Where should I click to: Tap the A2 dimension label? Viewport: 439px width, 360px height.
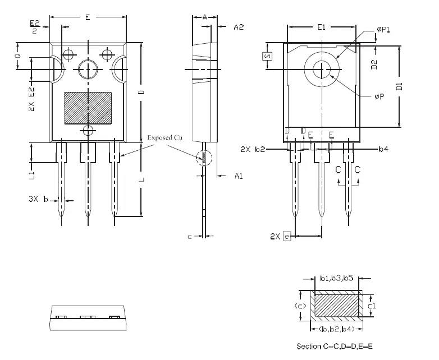[239, 26]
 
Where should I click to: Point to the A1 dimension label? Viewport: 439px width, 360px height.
[239, 176]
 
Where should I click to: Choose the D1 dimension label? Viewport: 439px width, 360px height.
[399, 86]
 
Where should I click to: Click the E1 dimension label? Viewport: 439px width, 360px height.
[322, 26]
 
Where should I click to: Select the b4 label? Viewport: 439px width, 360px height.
[383, 149]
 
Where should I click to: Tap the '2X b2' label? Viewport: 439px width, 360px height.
[251, 150]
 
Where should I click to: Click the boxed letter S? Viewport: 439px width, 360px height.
[267, 56]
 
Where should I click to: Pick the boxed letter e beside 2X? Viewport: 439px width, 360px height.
[287, 237]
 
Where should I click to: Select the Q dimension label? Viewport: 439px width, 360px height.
[17, 56]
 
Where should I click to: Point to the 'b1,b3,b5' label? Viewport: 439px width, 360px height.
[336, 278]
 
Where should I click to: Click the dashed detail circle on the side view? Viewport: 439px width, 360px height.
[204, 158]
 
